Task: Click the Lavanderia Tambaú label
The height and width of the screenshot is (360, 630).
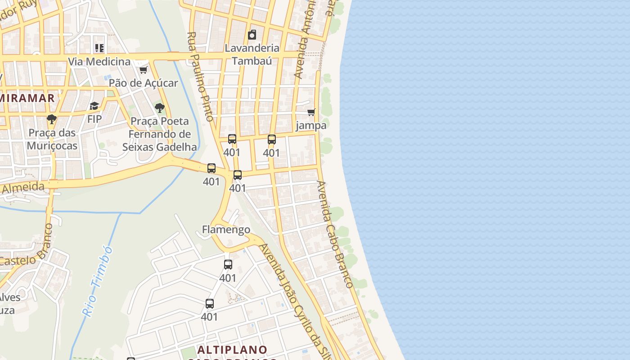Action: [252, 54]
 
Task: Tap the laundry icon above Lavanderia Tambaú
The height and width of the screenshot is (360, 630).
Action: [252, 35]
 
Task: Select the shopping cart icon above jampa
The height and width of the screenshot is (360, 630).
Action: [311, 112]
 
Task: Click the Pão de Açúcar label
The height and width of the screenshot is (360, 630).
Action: [143, 83]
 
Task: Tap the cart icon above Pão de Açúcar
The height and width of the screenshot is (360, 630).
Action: [144, 70]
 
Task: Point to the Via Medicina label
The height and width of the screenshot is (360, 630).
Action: [99, 61]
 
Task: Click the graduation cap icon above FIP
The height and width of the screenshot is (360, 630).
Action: [94, 106]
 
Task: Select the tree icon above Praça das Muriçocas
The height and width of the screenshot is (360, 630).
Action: [52, 119]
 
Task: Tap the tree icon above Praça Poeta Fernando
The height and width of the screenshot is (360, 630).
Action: [159, 108]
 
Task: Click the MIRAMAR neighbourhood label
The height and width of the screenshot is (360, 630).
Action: [28, 98]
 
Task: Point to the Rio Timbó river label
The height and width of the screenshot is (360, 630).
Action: [97, 281]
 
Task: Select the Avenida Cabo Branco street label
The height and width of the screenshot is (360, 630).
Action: [335, 234]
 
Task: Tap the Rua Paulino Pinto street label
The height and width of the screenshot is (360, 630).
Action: [200, 76]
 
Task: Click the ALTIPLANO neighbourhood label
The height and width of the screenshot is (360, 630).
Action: [232, 350]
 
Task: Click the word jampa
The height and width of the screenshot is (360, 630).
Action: [311, 126]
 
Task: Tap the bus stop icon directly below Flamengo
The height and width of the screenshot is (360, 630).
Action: [228, 265]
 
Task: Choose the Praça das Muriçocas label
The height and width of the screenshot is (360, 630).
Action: [52, 139]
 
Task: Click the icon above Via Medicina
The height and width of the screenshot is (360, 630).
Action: [99, 48]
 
